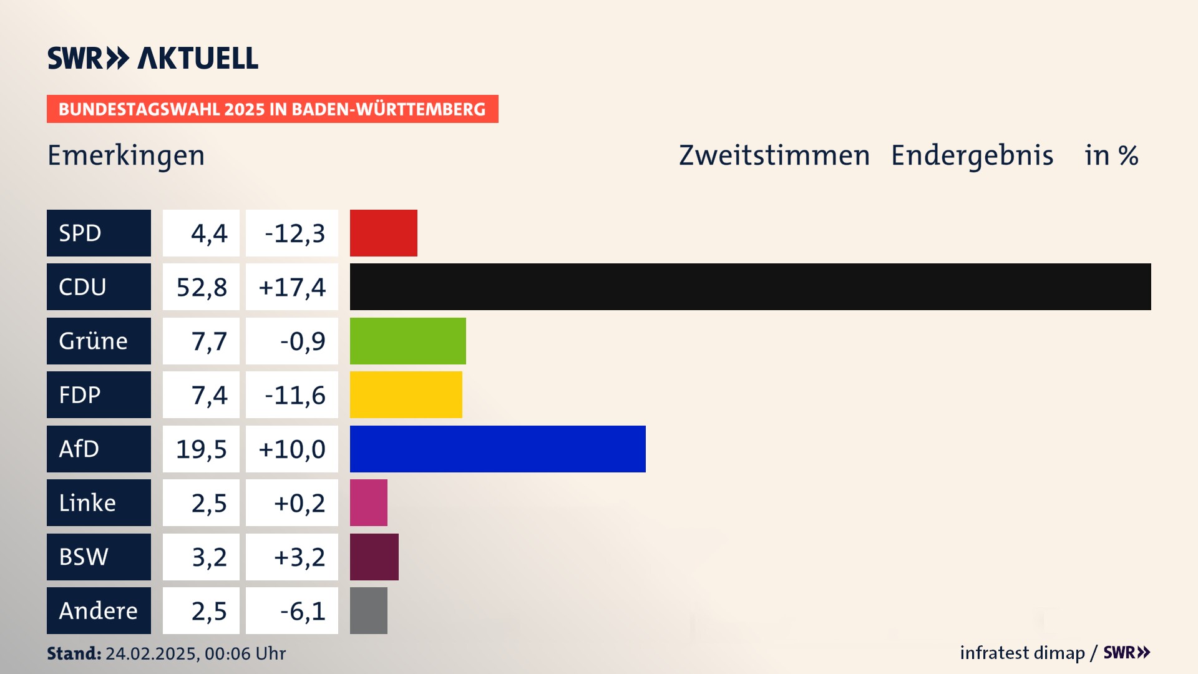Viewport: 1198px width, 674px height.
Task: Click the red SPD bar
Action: (x=383, y=233)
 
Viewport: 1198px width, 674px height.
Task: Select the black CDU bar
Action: (x=750, y=286)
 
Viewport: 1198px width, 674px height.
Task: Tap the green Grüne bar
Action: (x=407, y=341)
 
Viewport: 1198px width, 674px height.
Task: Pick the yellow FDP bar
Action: (x=406, y=394)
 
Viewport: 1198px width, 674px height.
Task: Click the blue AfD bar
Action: (x=497, y=449)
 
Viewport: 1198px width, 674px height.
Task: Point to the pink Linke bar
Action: (x=368, y=502)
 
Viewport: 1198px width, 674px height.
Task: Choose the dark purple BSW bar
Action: (x=374, y=557)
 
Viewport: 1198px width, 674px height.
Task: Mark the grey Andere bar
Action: (x=368, y=610)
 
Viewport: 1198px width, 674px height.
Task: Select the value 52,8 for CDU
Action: (x=202, y=287)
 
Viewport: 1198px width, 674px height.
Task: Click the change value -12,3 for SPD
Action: (x=294, y=233)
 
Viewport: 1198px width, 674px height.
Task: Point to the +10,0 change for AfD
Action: (x=292, y=449)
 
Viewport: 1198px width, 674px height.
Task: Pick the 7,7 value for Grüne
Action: (x=208, y=341)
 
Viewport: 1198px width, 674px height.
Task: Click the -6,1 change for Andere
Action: (x=302, y=611)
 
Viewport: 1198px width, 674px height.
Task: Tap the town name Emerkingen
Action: (x=126, y=155)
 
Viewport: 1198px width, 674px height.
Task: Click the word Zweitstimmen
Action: (x=774, y=155)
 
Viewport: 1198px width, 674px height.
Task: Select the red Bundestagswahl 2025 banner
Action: (x=272, y=109)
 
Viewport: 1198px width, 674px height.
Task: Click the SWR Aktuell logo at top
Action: (x=152, y=58)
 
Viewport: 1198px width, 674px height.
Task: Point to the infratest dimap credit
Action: (x=1022, y=653)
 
